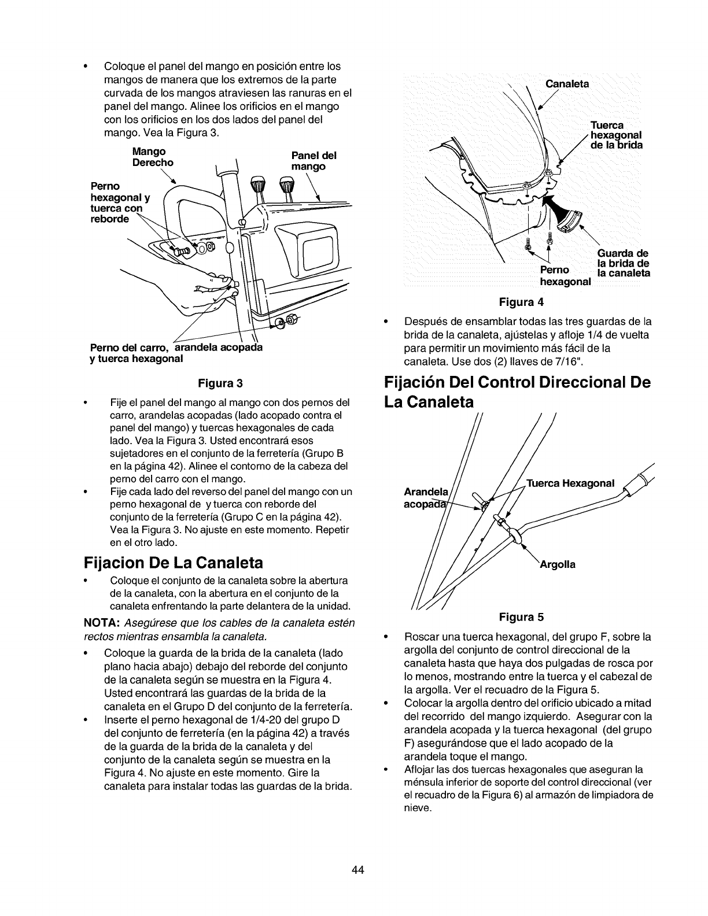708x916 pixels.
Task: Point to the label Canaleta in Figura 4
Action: click(567, 84)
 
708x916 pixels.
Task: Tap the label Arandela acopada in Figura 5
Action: click(426, 497)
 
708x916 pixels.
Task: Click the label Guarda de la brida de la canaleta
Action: click(622, 263)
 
